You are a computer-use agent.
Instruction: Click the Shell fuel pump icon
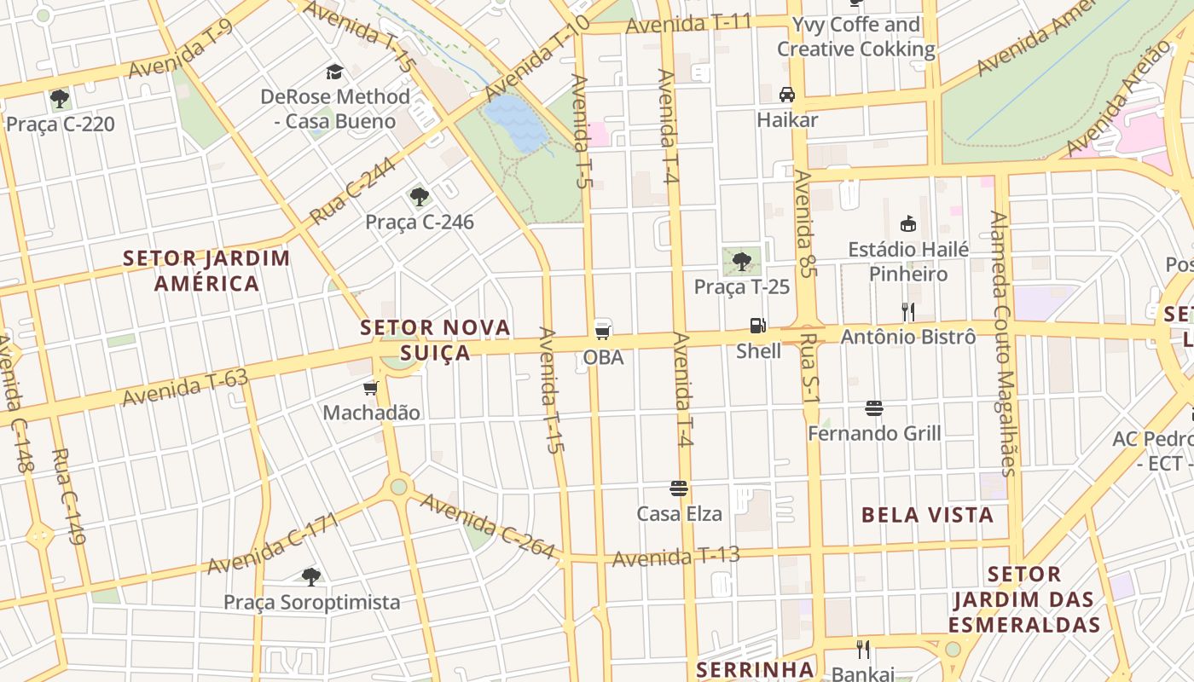tap(757, 325)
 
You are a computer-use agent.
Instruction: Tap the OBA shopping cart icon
tap(603, 330)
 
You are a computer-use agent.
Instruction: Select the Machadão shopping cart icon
tap(371, 389)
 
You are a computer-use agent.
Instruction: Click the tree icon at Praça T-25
tap(742, 260)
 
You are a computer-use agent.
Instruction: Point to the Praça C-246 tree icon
tap(419, 197)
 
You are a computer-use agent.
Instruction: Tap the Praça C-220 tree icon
tap(60, 99)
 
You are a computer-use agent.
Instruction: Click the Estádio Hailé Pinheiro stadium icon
tap(908, 224)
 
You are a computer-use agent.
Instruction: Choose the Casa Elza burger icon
tap(679, 488)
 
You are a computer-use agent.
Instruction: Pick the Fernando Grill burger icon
tap(874, 408)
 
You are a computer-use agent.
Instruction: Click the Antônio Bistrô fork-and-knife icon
tap(908, 311)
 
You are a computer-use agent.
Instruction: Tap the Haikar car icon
tap(787, 94)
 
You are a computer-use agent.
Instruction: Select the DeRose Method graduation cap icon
tap(334, 72)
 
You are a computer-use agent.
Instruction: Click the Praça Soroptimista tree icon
tap(311, 577)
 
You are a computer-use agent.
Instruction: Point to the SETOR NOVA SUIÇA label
tap(435, 339)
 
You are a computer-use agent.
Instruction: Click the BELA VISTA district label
tap(927, 515)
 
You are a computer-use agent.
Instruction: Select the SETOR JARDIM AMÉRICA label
tap(206, 270)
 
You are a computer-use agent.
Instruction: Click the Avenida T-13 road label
tap(676, 557)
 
